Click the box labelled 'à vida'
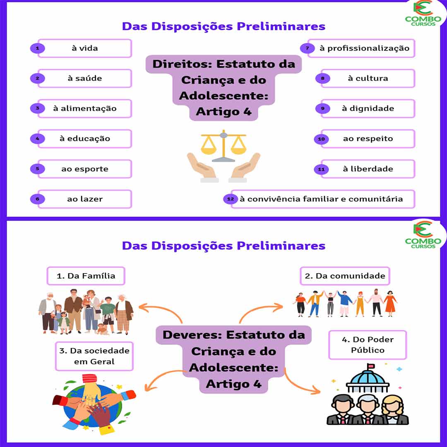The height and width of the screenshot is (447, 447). click(x=85, y=48)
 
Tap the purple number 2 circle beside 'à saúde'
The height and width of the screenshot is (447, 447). click(x=38, y=78)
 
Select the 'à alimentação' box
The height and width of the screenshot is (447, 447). click(x=85, y=108)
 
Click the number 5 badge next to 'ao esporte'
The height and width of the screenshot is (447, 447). click(x=38, y=169)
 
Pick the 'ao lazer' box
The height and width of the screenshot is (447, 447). click(x=85, y=199)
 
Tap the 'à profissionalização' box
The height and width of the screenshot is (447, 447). click(x=364, y=48)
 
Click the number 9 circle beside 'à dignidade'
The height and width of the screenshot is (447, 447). click(x=322, y=108)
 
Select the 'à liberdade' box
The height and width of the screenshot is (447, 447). click(x=368, y=169)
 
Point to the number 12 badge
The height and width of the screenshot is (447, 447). click(x=231, y=199)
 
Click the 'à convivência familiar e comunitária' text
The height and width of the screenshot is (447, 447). click(x=321, y=199)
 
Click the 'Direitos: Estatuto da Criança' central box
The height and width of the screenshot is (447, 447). click(x=223, y=88)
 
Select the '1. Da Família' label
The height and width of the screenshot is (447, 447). click(x=86, y=276)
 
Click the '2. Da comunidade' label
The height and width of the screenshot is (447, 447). click(x=345, y=276)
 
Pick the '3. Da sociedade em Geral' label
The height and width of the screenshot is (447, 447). click(x=94, y=356)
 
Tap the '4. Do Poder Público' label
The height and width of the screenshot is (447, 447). click(x=368, y=345)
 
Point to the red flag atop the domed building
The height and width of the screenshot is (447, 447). click(x=371, y=366)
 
